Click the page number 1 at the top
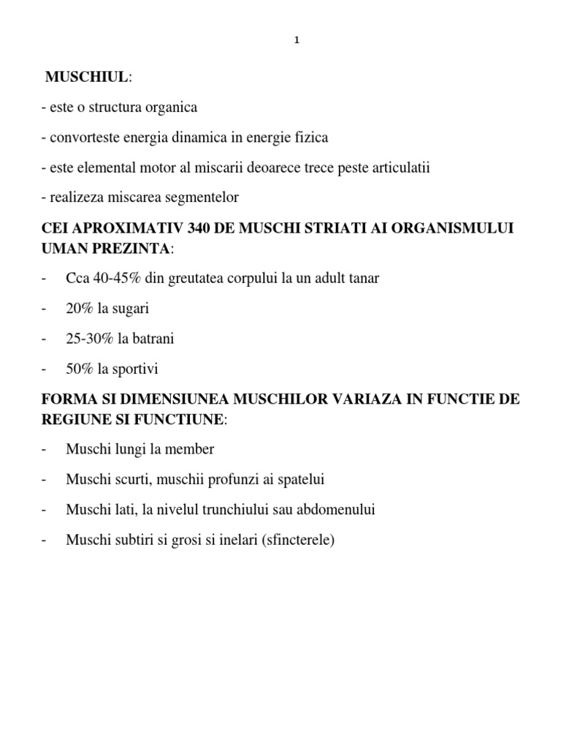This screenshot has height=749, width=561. click(x=297, y=41)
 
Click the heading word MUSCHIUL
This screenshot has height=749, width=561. click(x=87, y=77)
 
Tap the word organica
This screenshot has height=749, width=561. click(x=170, y=108)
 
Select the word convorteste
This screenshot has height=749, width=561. click(x=84, y=138)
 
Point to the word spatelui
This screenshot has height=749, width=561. click(x=299, y=479)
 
